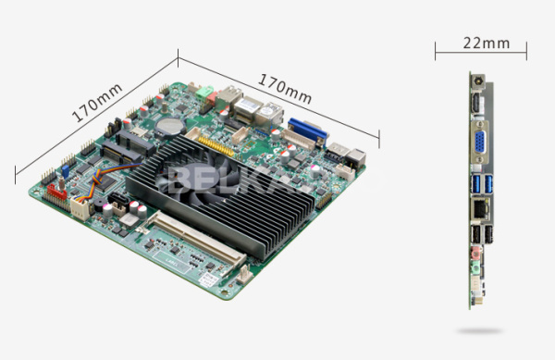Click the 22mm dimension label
487,43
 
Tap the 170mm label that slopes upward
97,103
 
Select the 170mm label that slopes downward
285,89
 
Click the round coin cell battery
171,126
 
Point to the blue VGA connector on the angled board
308,131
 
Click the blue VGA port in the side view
480,143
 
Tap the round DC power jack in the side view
478,81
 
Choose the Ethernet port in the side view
479,209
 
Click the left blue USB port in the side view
476,184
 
